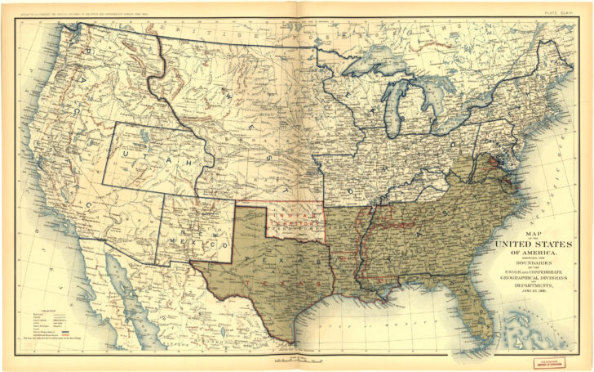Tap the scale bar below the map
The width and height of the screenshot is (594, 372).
297,358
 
